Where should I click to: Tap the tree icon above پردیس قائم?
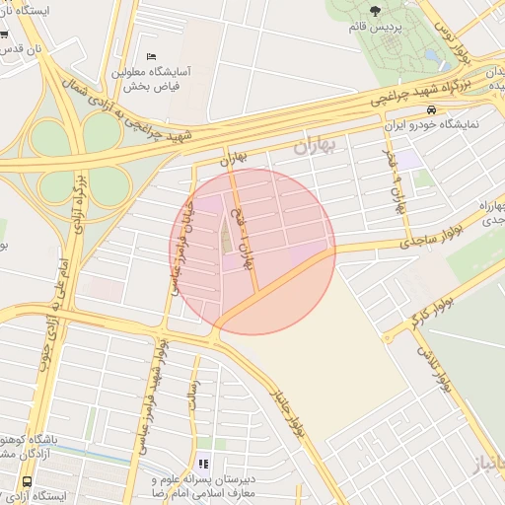point(377,10)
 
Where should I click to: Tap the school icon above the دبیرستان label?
point(204,463)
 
